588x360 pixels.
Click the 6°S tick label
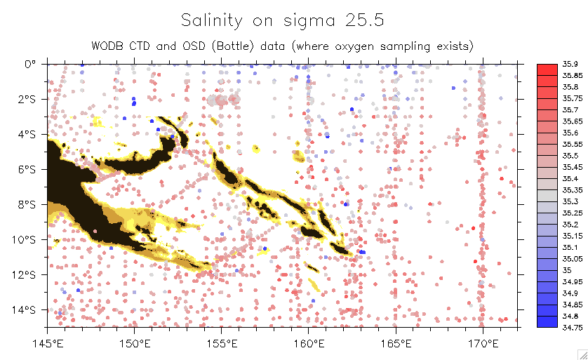click(x=27, y=169)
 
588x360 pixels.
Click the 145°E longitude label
click(x=47, y=344)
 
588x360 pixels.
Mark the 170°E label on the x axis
click(x=483, y=344)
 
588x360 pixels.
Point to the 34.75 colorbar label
click(x=571, y=327)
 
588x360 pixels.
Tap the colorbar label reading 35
click(x=567, y=270)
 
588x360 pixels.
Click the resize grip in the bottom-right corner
click(x=582, y=354)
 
